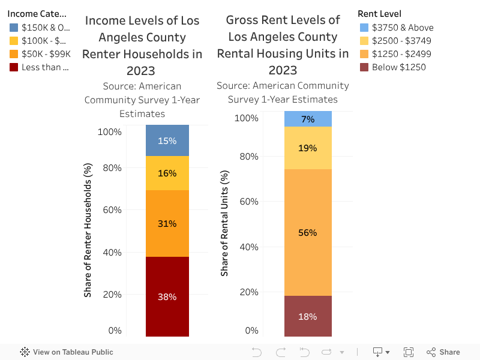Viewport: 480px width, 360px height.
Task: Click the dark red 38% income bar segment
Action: point(167,296)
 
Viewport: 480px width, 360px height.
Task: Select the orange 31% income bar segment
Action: point(167,223)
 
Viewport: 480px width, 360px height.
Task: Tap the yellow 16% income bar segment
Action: point(167,173)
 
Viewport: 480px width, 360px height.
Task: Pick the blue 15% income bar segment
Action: point(167,140)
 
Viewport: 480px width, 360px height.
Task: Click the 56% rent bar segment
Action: point(308,232)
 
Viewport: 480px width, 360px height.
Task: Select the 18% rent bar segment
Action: point(308,316)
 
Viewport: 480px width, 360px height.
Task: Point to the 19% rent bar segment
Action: point(308,148)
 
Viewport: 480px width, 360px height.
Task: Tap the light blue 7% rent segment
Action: point(308,119)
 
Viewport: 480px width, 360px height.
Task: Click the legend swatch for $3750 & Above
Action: point(364,28)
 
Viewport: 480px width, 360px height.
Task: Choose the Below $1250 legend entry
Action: point(398,67)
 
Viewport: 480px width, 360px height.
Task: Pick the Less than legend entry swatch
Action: point(14,67)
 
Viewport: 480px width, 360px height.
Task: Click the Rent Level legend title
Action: point(379,14)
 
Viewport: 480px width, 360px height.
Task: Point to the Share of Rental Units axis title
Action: point(225,223)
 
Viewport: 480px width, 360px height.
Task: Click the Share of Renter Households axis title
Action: point(88,230)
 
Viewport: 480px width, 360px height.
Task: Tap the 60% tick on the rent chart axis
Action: point(248,202)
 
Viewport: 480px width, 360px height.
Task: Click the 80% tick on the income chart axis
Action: point(111,168)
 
